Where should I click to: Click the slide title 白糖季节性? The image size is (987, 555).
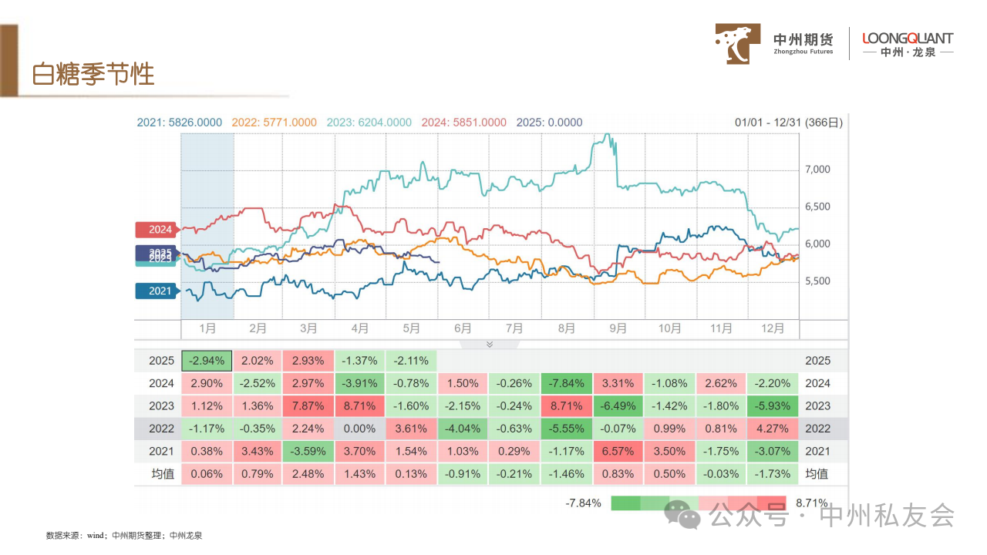93,74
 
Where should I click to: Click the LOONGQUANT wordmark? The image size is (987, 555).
907,39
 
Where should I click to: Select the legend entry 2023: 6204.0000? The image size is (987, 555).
369,123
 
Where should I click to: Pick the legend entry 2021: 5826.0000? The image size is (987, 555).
180,123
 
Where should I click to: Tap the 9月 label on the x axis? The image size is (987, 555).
618,328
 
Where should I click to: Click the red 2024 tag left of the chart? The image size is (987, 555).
156,230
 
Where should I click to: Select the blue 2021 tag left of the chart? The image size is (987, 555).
156,291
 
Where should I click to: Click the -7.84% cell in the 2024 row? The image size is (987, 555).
567,383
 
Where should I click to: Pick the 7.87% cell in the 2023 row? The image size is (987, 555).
309,406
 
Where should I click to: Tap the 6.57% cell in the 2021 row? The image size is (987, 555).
618,451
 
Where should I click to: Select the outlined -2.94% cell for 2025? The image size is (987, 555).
207,361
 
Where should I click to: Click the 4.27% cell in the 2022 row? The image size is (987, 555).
773,429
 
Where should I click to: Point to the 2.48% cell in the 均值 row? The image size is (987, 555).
309,473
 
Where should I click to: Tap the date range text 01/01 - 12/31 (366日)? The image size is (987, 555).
789,123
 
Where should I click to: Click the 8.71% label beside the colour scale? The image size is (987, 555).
811,503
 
